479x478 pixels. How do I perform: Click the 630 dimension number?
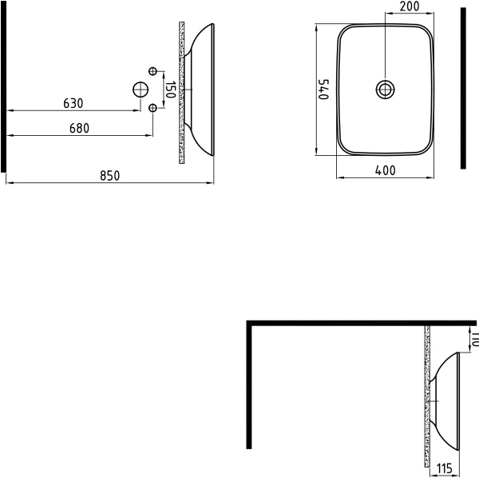pyautogui.click(x=73, y=104)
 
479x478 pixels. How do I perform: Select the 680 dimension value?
pyautogui.click(x=78, y=128)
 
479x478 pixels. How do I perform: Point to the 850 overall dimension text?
pyautogui.click(x=110, y=176)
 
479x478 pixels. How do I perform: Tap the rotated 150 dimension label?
pyautogui.click(x=169, y=89)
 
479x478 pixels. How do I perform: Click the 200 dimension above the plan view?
pyautogui.click(x=410, y=6)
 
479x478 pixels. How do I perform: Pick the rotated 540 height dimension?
pyautogui.click(x=323, y=88)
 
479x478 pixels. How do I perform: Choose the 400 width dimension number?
pyautogui.click(x=386, y=169)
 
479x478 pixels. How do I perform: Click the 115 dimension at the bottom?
pyautogui.click(x=445, y=469)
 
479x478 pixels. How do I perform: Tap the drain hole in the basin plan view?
pyautogui.click(x=386, y=88)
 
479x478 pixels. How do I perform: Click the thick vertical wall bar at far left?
pyautogui.click(x=4, y=88)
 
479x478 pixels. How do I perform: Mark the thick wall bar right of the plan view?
pyautogui.click(x=463, y=88)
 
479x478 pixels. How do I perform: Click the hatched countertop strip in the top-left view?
pyautogui.click(x=182, y=92)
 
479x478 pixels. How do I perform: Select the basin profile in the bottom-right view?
pyautogui.click(x=448, y=399)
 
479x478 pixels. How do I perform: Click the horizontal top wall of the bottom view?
pyautogui.click(x=359, y=323)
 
